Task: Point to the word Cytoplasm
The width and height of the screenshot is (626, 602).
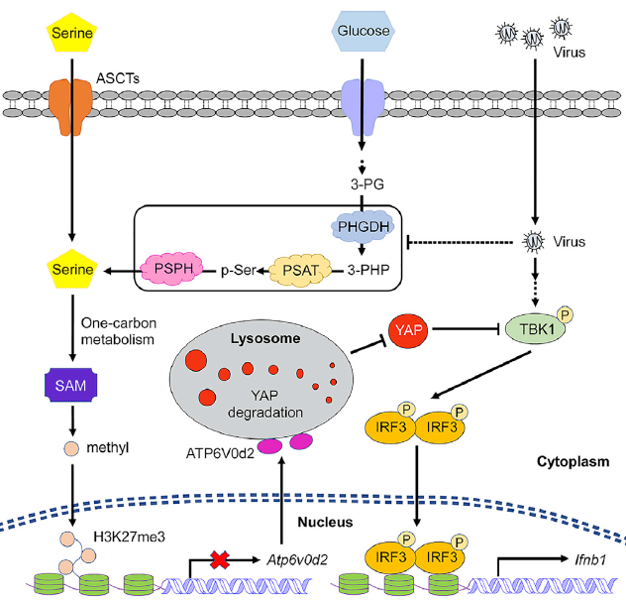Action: coord(575,463)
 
